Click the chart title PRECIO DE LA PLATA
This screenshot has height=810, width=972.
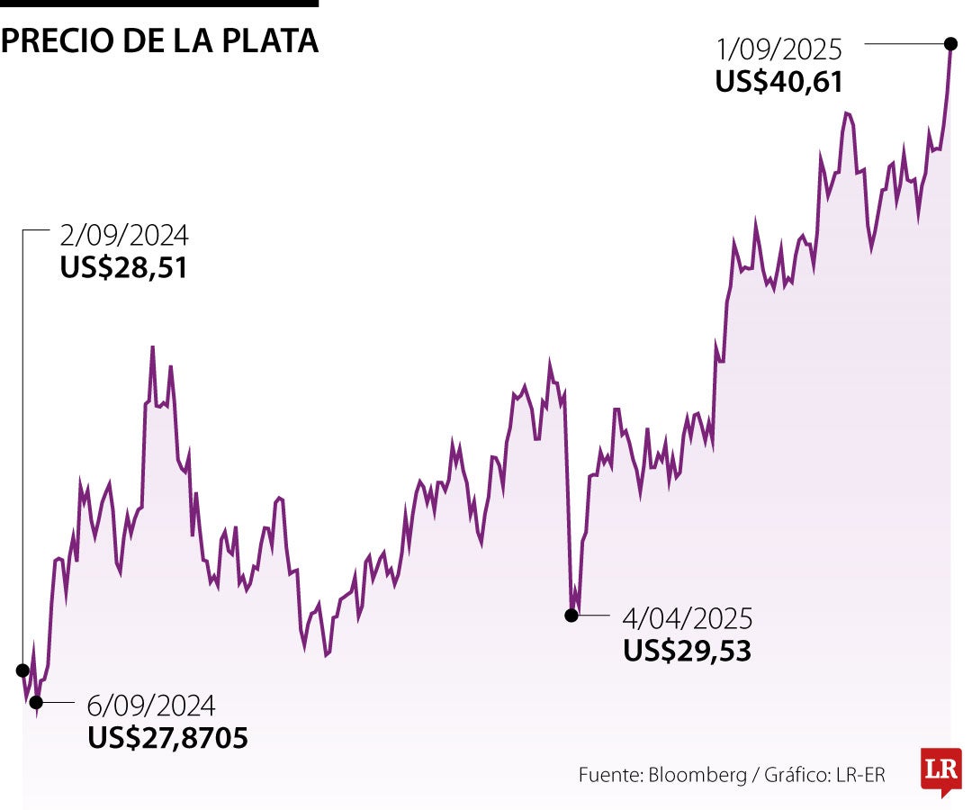(159, 41)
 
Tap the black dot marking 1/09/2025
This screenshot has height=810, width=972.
(950, 42)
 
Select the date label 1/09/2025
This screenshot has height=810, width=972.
(779, 49)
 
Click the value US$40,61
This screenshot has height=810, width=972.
(779, 82)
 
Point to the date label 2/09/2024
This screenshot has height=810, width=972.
(124, 236)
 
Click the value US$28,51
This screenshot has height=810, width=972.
(124, 268)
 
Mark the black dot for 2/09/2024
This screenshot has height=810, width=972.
(22, 670)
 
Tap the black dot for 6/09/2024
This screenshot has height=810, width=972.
(36, 702)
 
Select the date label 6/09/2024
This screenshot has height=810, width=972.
(151, 705)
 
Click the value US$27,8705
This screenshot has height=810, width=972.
(167, 738)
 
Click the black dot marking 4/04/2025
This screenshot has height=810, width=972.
(571, 616)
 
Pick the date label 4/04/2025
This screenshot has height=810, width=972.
(688, 619)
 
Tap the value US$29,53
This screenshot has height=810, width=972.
(687, 651)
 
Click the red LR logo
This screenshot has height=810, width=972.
(940, 770)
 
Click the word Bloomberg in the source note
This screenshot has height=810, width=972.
(697, 775)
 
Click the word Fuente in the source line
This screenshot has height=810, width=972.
(609, 775)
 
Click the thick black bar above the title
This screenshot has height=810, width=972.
(159, 4)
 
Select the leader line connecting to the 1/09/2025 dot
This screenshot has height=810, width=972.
(904, 42)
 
